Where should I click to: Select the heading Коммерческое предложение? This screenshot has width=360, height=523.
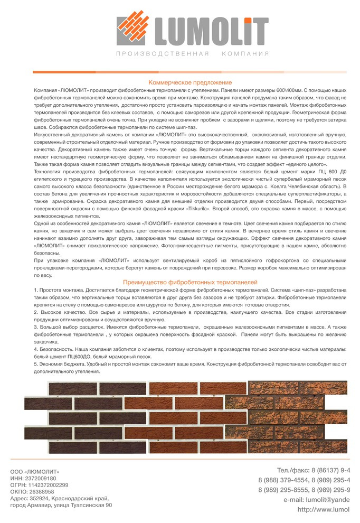coord(190,83)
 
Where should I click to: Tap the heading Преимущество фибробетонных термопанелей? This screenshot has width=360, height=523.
coord(190,283)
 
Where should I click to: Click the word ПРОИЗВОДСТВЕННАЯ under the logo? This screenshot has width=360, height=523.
coord(162,54)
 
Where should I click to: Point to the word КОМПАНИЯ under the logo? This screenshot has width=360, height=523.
coord(245,54)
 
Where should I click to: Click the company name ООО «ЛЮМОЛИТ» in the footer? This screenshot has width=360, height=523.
coord(35,471)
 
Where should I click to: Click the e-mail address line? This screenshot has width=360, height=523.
coord(317,500)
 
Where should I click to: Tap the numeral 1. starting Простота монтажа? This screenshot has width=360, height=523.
coord(36,291)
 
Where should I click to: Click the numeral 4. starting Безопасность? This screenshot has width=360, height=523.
coord(36,350)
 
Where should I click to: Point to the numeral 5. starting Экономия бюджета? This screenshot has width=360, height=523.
coord(36,365)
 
